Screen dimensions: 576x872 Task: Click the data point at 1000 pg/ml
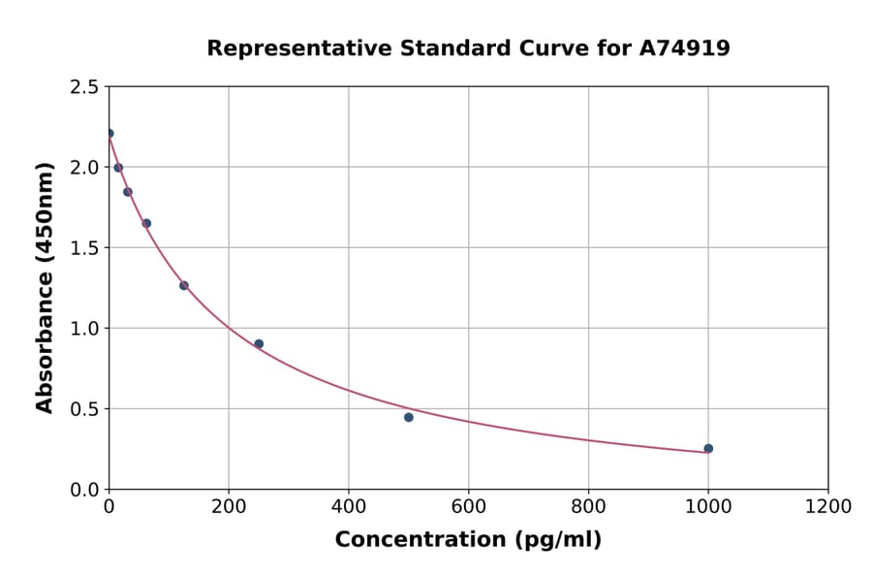[708, 448]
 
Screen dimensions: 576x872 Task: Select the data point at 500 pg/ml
[409, 417]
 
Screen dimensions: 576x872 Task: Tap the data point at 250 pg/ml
[259, 343]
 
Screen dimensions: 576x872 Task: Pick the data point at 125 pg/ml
[184, 285]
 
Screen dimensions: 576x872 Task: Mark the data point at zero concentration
[109, 133]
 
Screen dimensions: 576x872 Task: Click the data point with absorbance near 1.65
[146, 223]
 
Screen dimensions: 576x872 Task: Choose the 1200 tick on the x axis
[828, 506]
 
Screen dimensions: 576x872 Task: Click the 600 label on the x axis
[468, 506]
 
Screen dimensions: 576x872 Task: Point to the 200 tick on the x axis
[229, 506]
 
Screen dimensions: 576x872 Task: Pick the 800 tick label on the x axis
[588, 506]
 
